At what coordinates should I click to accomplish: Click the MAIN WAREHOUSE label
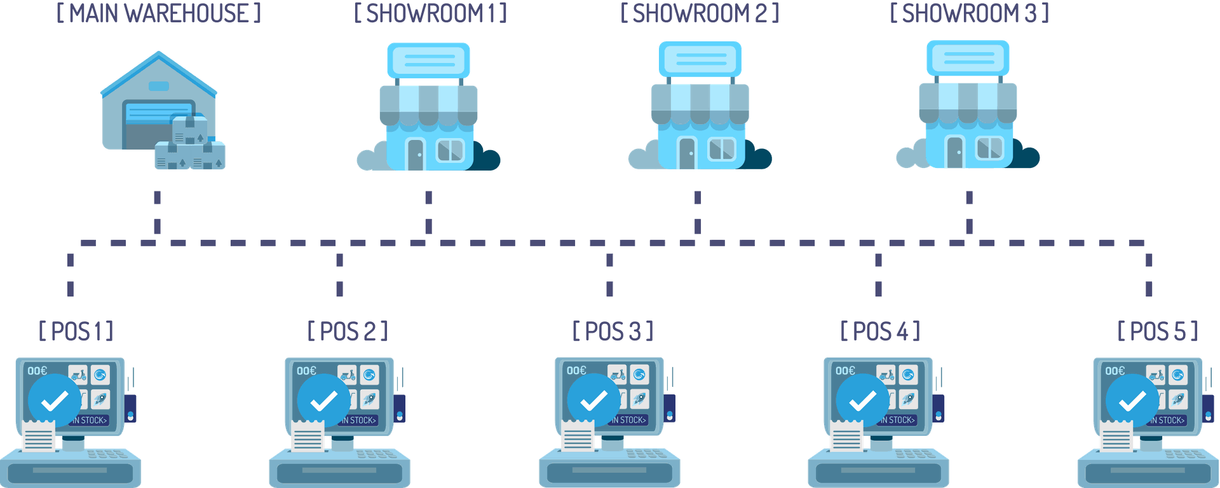tap(159, 13)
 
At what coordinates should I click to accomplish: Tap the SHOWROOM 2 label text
tap(699, 13)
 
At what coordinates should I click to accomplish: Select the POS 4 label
tap(880, 331)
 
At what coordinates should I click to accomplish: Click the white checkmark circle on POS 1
tap(55, 400)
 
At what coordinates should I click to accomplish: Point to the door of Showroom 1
tap(415, 154)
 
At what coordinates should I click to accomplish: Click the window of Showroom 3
tap(989, 148)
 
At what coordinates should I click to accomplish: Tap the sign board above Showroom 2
tap(700, 59)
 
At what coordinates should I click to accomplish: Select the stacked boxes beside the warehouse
tap(190, 146)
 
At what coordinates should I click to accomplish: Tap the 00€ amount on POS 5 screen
tap(1115, 371)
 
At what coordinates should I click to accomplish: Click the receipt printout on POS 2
tap(308, 435)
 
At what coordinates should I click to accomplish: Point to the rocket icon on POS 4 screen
tap(909, 399)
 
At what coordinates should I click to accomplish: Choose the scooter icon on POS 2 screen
tap(347, 375)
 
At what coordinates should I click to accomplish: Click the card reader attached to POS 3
tap(670, 408)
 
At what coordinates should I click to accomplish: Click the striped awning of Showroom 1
tap(428, 103)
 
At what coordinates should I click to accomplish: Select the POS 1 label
tap(76, 331)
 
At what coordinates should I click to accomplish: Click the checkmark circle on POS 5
tap(1132, 400)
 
